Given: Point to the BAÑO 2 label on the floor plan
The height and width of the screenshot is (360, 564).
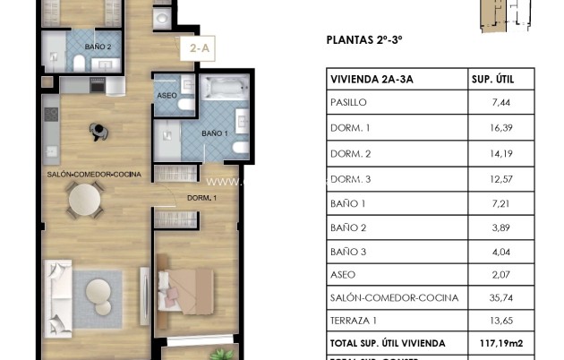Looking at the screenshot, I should pyautogui.click(x=98, y=47).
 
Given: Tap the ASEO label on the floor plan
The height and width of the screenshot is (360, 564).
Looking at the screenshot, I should pyautogui.click(x=167, y=95).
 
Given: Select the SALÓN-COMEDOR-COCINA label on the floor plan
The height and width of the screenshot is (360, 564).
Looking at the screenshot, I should pyautogui.click(x=94, y=174).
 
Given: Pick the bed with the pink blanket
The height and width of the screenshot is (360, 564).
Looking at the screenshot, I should pyautogui.click(x=186, y=289).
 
